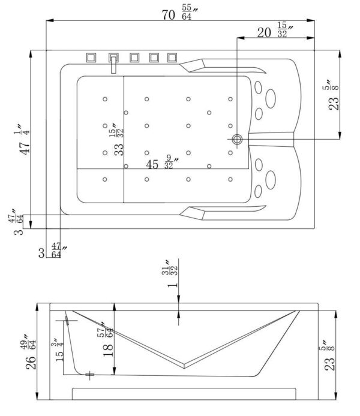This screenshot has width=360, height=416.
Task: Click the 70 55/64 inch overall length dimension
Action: [180, 13]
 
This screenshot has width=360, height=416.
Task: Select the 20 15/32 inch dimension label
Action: [275, 30]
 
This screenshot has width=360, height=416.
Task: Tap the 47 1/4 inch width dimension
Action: [22, 140]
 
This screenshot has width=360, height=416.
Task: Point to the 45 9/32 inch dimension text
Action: [162, 162]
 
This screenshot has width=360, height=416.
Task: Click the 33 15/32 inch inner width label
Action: [117, 139]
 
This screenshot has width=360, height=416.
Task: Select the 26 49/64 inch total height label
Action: [30, 352]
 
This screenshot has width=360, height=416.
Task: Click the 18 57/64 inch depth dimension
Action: [106, 339]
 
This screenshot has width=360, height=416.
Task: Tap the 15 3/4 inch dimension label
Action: [58, 349]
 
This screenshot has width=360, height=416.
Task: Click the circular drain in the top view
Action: [237, 139]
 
